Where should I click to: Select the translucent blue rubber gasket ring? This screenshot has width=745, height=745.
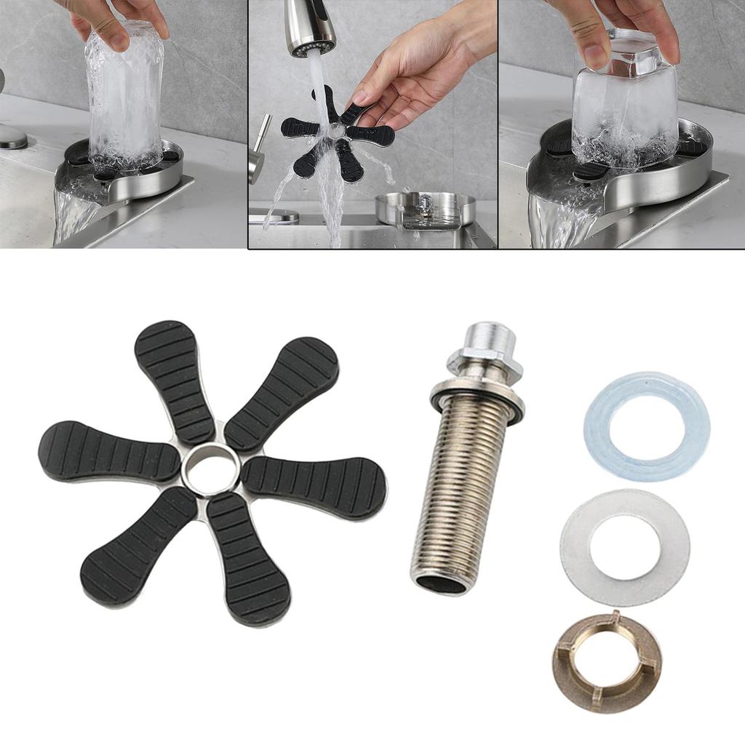(646, 397)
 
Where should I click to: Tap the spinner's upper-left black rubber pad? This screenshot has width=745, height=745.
(175, 378)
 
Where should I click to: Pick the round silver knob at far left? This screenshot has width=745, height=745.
(12, 136)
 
